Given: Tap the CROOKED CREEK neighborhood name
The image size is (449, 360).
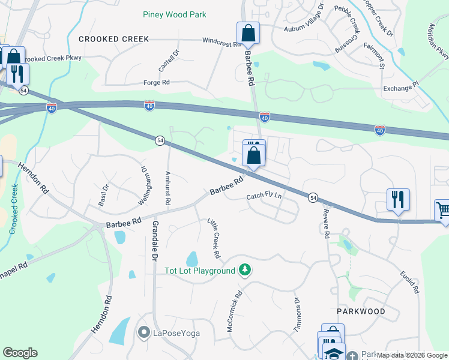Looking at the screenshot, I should pyautogui.click(x=113, y=39).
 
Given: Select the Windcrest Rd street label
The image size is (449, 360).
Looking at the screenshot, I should pyautogui.click(x=221, y=41).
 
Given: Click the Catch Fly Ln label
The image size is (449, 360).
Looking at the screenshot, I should pyautogui.click(x=264, y=197).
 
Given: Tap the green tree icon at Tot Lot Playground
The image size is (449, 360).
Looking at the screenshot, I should pyautogui.click(x=244, y=271).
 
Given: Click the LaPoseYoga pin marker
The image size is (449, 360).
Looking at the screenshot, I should pyautogui.click(x=143, y=332).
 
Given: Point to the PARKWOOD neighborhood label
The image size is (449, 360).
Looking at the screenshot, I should pyautogui.click(x=360, y=312).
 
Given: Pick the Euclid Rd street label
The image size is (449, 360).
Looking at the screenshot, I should pyautogui.click(x=410, y=282).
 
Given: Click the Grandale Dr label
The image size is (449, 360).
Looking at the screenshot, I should pyautogui.click(x=154, y=240).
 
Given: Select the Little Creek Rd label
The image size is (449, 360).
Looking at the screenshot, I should pyautogui.click(x=214, y=238).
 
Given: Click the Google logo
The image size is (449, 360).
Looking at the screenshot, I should pyautogui.click(x=20, y=353).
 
